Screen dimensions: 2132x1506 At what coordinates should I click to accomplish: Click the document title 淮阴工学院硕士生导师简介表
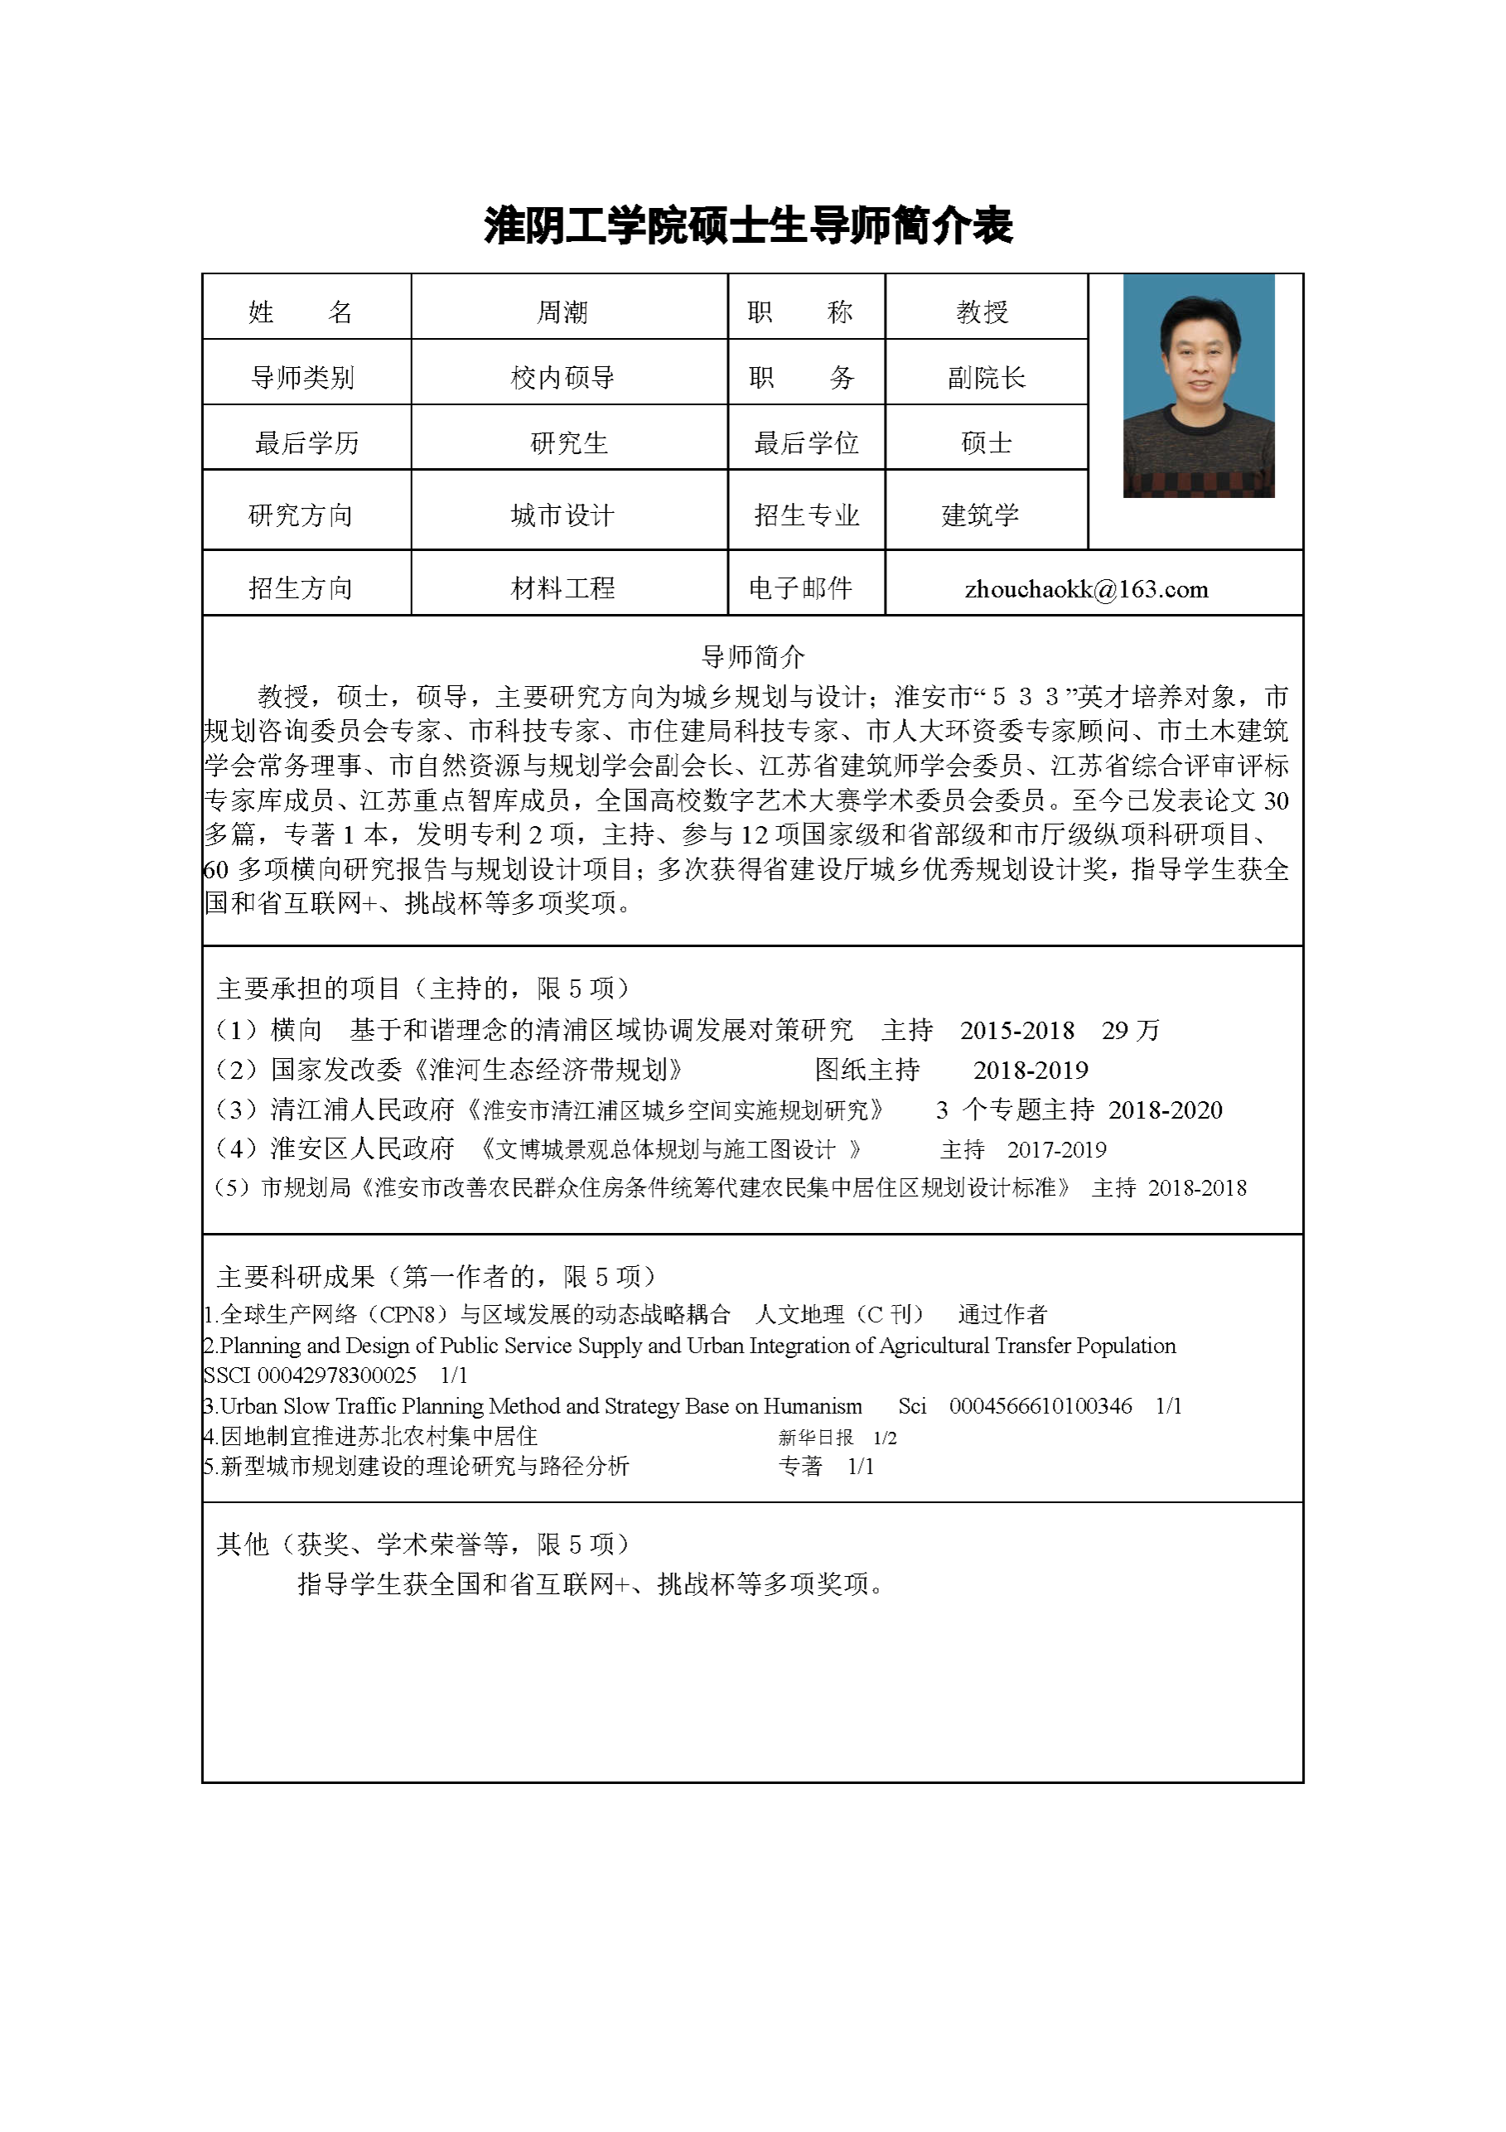tap(747, 225)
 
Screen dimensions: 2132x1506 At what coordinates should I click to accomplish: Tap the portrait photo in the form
tap(1198, 385)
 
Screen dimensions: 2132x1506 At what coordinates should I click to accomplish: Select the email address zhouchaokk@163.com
tap(1086, 588)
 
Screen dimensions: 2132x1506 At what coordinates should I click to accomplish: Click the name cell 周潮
tap(562, 312)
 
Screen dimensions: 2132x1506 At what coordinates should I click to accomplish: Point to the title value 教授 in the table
tap(982, 312)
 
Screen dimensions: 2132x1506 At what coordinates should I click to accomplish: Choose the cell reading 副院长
tap(986, 378)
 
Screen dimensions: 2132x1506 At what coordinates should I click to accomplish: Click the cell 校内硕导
tap(562, 378)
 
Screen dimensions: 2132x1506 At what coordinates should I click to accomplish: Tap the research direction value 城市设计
tap(562, 515)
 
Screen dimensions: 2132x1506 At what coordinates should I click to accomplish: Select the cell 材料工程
tap(562, 587)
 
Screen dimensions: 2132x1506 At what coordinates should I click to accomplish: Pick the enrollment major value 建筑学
tap(981, 515)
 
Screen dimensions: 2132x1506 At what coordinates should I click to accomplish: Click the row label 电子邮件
tap(800, 587)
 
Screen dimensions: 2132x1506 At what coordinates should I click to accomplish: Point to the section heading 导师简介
tap(752, 657)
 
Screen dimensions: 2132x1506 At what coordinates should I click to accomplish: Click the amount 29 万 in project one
tap(1131, 1030)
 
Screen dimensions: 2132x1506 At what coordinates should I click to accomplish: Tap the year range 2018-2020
tap(1166, 1110)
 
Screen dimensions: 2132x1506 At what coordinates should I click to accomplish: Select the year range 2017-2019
tap(1057, 1149)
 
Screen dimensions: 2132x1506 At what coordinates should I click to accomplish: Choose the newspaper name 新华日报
tap(815, 1438)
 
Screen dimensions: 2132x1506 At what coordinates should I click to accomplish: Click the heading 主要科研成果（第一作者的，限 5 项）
tap(437, 1277)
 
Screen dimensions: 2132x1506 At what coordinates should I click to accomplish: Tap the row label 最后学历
tap(307, 443)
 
